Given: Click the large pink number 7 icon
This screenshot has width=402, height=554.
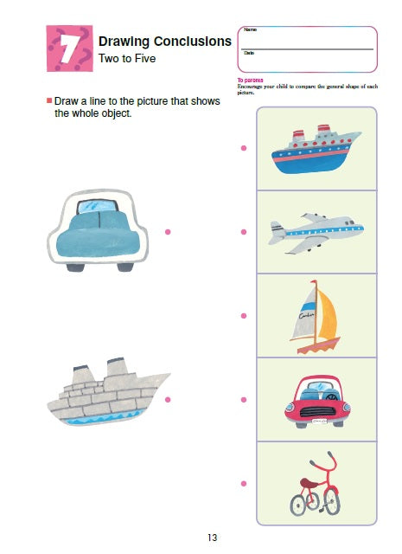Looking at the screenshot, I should pyautogui.click(x=69, y=49).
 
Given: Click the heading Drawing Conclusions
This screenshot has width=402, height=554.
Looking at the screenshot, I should pyautogui.click(x=165, y=41).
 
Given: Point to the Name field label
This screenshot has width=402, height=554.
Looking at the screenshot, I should pyautogui.click(x=250, y=30).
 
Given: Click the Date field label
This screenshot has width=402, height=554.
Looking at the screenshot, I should pyautogui.click(x=249, y=54).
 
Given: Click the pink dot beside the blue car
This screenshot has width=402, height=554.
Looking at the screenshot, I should pyautogui.click(x=168, y=231).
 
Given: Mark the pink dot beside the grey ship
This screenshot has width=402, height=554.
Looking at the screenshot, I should pyautogui.click(x=168, y=399).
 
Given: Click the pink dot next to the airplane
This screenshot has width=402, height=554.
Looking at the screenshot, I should pyautogui.click(x=244, y=231).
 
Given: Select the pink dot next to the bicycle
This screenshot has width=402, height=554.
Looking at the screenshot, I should pyautogui.click(x=244, y=483).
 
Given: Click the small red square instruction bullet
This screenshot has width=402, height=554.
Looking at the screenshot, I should pyautogui.click(x=49, y=101).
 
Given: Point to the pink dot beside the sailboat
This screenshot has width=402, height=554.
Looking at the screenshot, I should pyautogui.click(x=244, y=316).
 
